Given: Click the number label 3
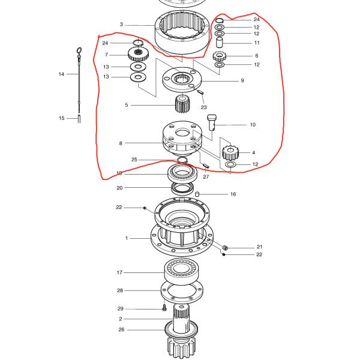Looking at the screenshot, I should [121, 25].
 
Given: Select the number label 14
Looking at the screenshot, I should [61, 74].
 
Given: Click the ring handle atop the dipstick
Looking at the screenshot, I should [78, 50].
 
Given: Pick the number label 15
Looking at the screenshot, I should [61, 118].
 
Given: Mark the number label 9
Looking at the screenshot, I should [242, 80].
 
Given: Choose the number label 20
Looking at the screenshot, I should [119, 188].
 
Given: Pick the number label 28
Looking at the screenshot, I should [119, 290].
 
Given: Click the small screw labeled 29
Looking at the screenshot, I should [164, 308].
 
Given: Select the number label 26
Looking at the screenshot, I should [121, 329].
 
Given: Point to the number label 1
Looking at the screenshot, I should [127, 238].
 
